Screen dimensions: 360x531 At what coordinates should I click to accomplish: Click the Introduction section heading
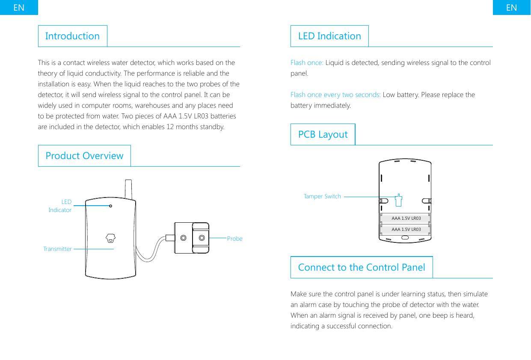click(x=72, y=36)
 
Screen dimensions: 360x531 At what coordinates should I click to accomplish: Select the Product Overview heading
click(x=84, y=156)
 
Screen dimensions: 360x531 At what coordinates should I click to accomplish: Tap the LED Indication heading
click(x=329, y=36)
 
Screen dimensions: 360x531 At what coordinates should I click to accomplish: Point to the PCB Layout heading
click(x=323, y=134)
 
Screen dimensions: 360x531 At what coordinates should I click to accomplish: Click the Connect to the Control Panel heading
click(x=362, y=267)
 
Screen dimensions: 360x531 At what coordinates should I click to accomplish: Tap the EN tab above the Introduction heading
click(x=19, y=7)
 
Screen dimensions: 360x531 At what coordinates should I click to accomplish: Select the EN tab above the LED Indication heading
click(x=511, y=7)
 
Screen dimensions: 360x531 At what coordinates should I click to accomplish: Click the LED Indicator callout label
click(x=60, y=206)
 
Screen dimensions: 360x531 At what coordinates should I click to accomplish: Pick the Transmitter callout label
click(x=57, y=249)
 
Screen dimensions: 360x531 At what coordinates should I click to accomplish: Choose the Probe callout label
click(x=234, y=239)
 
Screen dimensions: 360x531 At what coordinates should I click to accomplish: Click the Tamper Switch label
click(x=322, y=196)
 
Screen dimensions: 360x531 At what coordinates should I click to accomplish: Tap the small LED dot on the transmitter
click(x=110, y=206)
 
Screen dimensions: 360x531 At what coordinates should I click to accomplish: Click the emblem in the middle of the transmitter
click(x=110, y=238)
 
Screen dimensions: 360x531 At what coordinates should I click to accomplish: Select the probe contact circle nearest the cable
click(x=183, y=238)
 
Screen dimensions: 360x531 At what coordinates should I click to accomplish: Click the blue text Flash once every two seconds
click(x=335, y=94)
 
